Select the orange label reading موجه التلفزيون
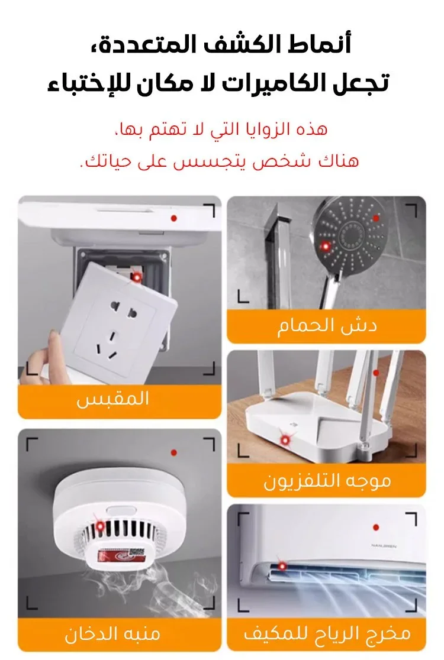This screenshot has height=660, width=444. (x=326, y=481)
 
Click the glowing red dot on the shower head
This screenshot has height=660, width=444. (x=325, y=246)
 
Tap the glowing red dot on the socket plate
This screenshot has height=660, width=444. (x=137, y=277)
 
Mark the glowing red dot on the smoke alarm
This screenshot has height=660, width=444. (x=100, y=526)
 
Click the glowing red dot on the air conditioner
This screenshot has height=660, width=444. (x=282, y=567)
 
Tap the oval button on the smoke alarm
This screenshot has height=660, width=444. (x=121, y=511)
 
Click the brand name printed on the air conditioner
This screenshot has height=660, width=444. (x=384, y=546)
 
